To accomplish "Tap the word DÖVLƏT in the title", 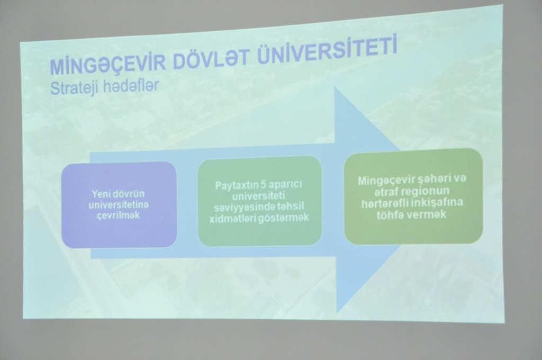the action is click(211, 58).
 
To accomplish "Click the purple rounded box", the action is click(119, 205).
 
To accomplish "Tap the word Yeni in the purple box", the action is click(99, 194).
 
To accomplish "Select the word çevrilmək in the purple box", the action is click(119, 215).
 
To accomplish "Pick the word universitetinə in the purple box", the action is click(119, 205).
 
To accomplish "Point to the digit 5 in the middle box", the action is click(265, 185).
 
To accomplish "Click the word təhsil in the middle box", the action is click(291, 206).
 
